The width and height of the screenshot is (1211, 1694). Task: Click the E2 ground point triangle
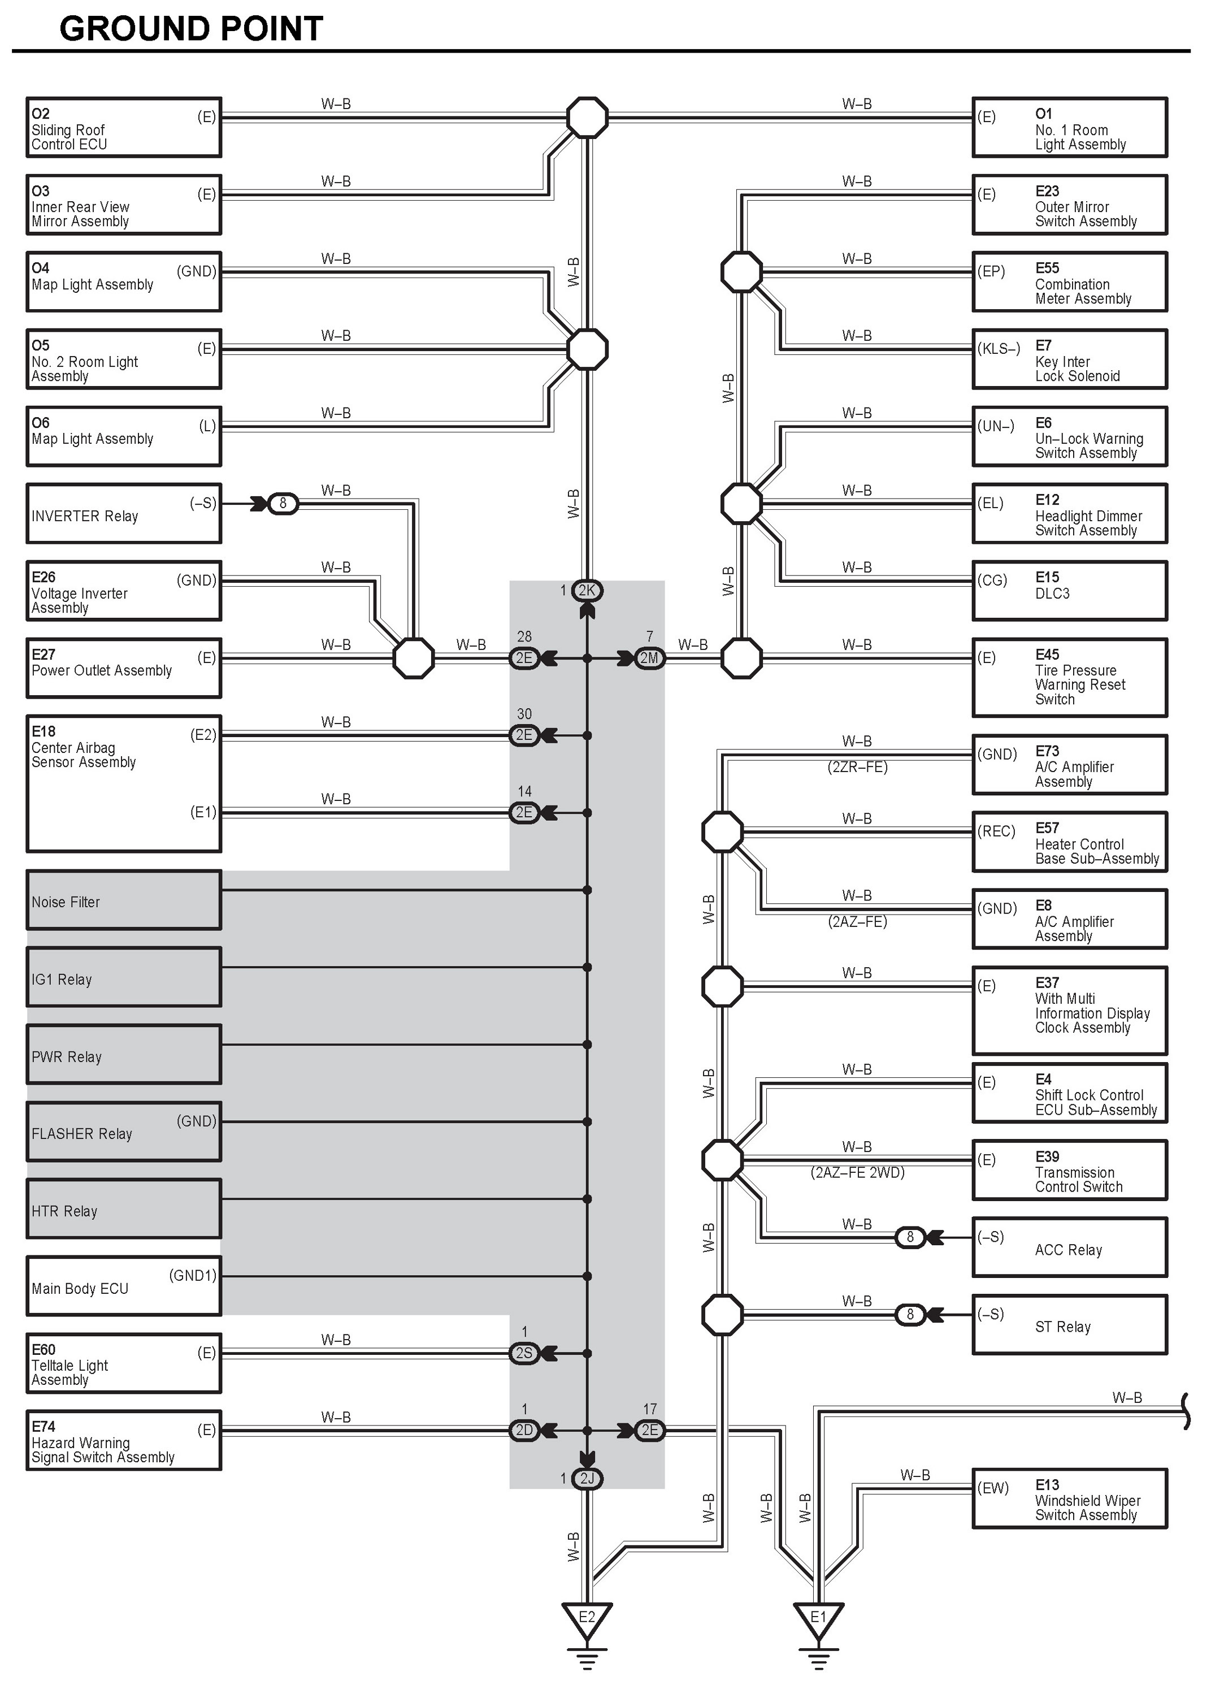coord(587,1619)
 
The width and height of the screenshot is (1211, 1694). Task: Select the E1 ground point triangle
coord(818,1619)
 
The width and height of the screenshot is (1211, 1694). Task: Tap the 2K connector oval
coord(587,591)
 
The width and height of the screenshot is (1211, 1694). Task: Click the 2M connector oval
coord(649,658)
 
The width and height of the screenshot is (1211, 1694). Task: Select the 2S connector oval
coord(524,1353)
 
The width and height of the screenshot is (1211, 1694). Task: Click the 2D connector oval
coord(524,1431)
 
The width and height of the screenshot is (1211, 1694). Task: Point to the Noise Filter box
coord(124,900)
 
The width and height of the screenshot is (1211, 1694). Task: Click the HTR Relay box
coord(124,1208)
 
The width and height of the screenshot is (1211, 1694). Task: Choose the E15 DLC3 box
coord(1069,591)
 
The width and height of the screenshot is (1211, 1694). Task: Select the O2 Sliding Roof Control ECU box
coord(124,127)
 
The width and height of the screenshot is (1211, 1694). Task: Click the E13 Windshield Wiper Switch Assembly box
coord(1069,1498)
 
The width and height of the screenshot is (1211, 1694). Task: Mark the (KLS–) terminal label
coord(999,348)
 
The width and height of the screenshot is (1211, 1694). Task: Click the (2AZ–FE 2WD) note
coord(858,1173)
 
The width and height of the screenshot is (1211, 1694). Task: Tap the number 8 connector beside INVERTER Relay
coord(283,504)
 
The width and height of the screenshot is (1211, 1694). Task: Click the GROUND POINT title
coord(191,28)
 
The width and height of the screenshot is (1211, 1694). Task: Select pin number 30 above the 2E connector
coord(524,714)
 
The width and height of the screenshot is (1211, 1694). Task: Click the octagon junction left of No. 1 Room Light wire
coord(587,117)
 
